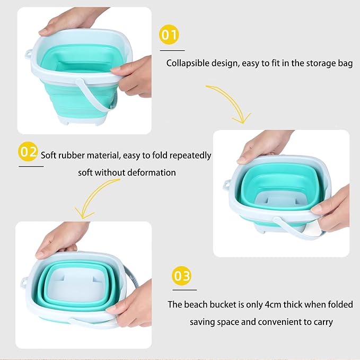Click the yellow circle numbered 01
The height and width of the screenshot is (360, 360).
[x=169, y=34]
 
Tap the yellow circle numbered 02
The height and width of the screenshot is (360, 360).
[x=28, y=152]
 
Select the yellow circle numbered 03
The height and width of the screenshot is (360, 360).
[x=182, y=276]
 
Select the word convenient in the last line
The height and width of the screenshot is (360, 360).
[x=279, y=322]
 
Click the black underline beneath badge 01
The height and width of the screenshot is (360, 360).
[x=172, y=50]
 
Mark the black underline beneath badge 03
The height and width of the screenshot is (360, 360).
[x=185, y=290]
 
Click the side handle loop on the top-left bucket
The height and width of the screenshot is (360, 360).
[x=29, y=54]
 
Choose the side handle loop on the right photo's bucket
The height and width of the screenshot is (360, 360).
[x=227, y=185]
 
